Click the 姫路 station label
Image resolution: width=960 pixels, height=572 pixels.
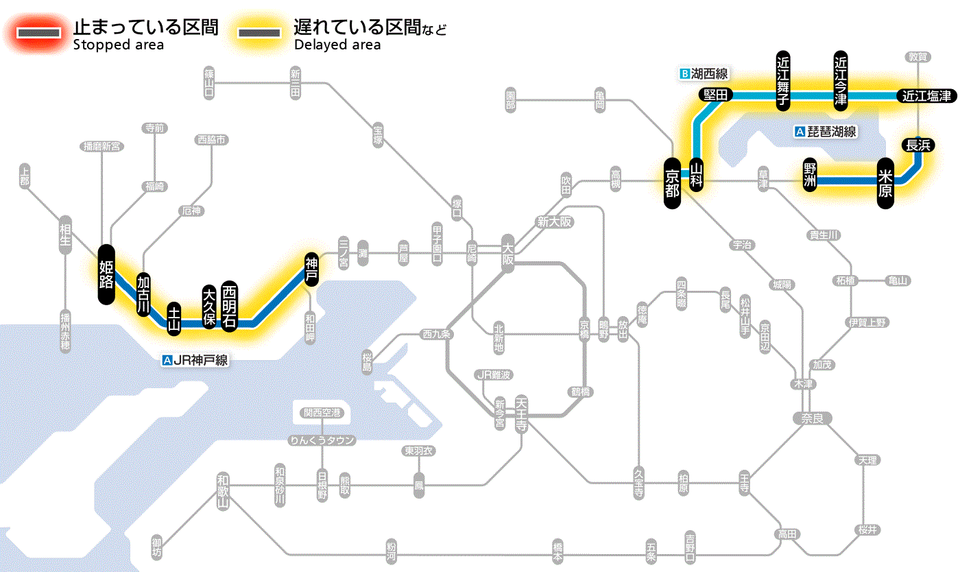click(106, 274)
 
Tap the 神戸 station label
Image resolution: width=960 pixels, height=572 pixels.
click(311, 270)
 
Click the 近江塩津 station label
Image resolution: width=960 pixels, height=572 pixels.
click(926, 96)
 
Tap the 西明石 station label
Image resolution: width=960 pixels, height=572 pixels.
click(229, 305)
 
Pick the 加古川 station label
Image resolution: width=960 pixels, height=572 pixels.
click(143, 295)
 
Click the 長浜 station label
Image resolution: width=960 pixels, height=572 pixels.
click(917, 145)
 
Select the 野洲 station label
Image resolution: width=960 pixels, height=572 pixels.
click(810, 175)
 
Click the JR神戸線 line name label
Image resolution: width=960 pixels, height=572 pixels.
click(195, 360)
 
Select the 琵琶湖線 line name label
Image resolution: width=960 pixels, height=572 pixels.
click(826, 132)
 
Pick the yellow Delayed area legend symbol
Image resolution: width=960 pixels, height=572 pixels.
click(259, 33)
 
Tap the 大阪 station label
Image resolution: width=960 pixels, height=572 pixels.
click(507, 254)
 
